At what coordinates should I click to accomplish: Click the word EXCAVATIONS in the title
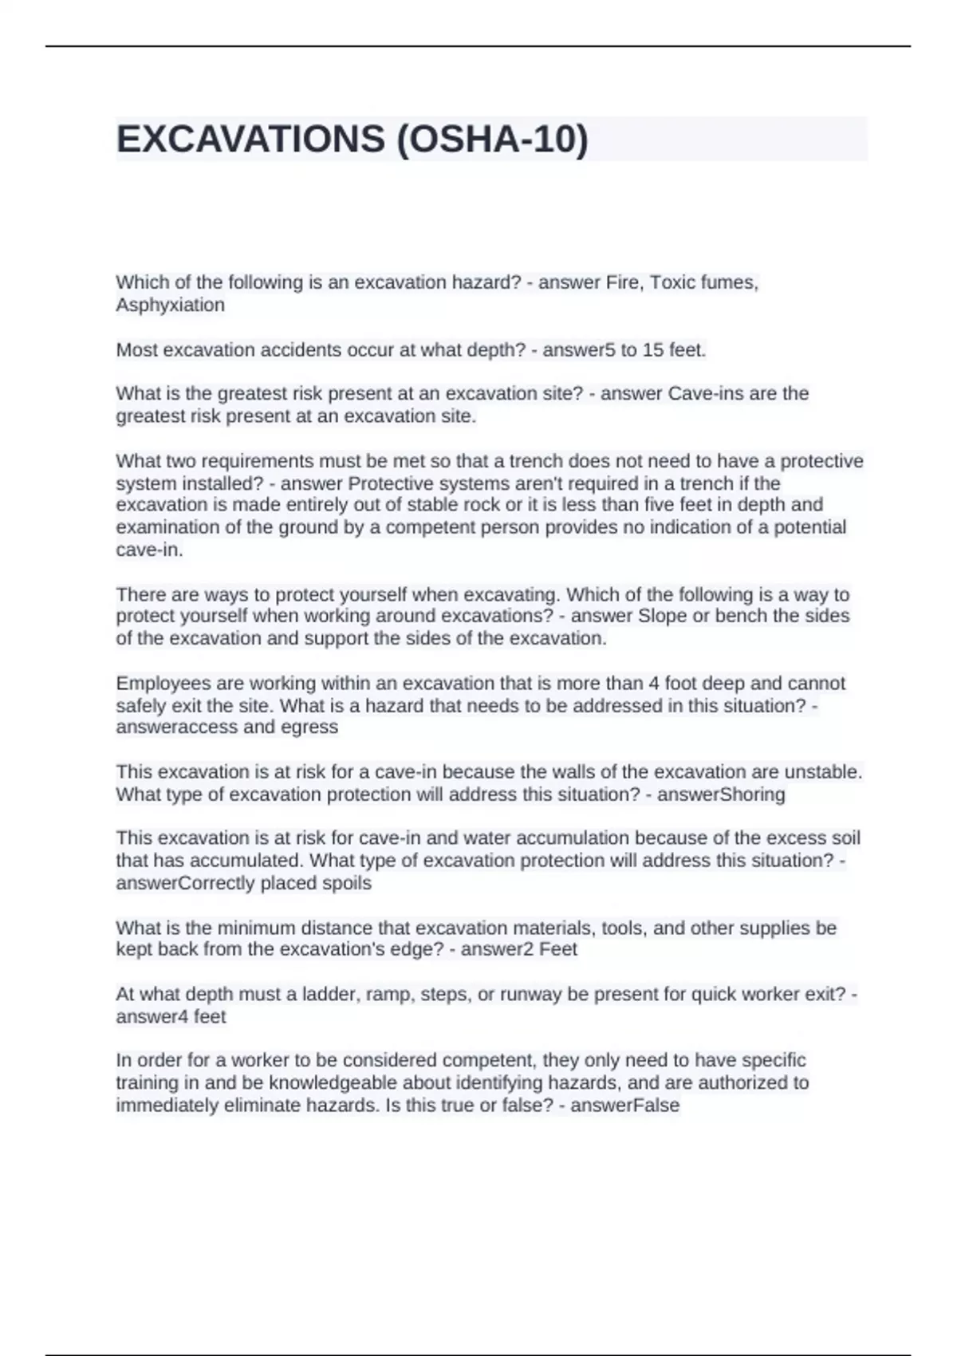pos(250,140)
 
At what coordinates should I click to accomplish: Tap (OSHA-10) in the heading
pos(491,140)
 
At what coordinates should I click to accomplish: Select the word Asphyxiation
pos(170,305)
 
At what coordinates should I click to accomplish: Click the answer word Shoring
pos(752,794)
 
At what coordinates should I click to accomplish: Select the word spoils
pos(346,883)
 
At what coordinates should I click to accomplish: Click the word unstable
pos(823,772)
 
